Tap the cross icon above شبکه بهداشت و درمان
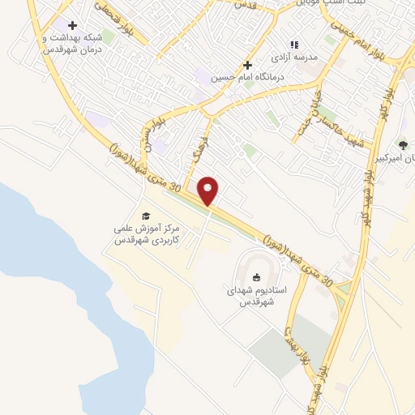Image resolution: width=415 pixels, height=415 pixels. tap(73, 26)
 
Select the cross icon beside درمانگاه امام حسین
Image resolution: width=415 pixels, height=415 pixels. tap(247, 65)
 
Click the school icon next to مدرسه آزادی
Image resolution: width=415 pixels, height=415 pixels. tap(295, 45)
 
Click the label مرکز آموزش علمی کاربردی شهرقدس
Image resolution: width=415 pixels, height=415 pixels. tap(146, 235)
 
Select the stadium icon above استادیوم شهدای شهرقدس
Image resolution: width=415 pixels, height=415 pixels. tap(257, 277)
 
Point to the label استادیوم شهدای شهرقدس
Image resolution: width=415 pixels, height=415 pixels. tap(257, 296)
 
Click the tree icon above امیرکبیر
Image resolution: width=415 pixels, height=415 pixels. tap(403, 144)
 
